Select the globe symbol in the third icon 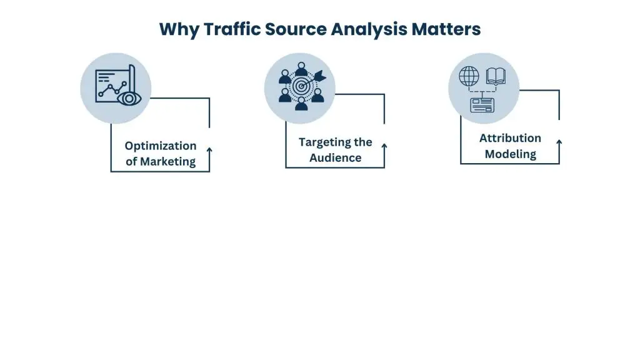click(469, 76)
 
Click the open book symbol click(496, 76)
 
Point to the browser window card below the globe click(482, 104)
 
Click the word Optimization click(160, 146)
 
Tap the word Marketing click(167, 161)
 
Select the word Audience click(336, 157)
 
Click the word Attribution click(510, 138)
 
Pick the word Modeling click(510, 154)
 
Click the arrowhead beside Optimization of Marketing click(209, 150)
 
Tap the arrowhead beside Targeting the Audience click(384, 146)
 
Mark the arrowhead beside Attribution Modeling click(559, 142)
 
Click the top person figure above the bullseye click(301, 67)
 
